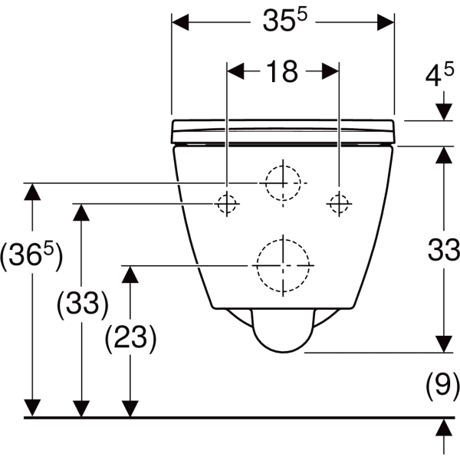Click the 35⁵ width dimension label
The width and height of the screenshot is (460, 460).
click(282, 22)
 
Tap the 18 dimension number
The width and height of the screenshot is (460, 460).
click(282, 72)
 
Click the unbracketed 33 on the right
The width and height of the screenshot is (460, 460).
click(442, 249)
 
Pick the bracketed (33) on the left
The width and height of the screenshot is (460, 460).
click(82, 304)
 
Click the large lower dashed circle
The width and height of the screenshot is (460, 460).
click(283, 265)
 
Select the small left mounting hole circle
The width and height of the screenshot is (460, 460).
click(226, 203)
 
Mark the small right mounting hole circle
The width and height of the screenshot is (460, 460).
click(339, 203)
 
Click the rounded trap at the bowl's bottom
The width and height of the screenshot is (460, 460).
click(283, 332)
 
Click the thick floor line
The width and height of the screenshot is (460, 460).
click(230, 418)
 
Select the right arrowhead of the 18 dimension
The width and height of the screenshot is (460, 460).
click(333, 72)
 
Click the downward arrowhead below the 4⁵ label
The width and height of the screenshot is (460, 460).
click(442, 113)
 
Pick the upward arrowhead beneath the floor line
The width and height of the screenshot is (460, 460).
click(442, 426)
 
